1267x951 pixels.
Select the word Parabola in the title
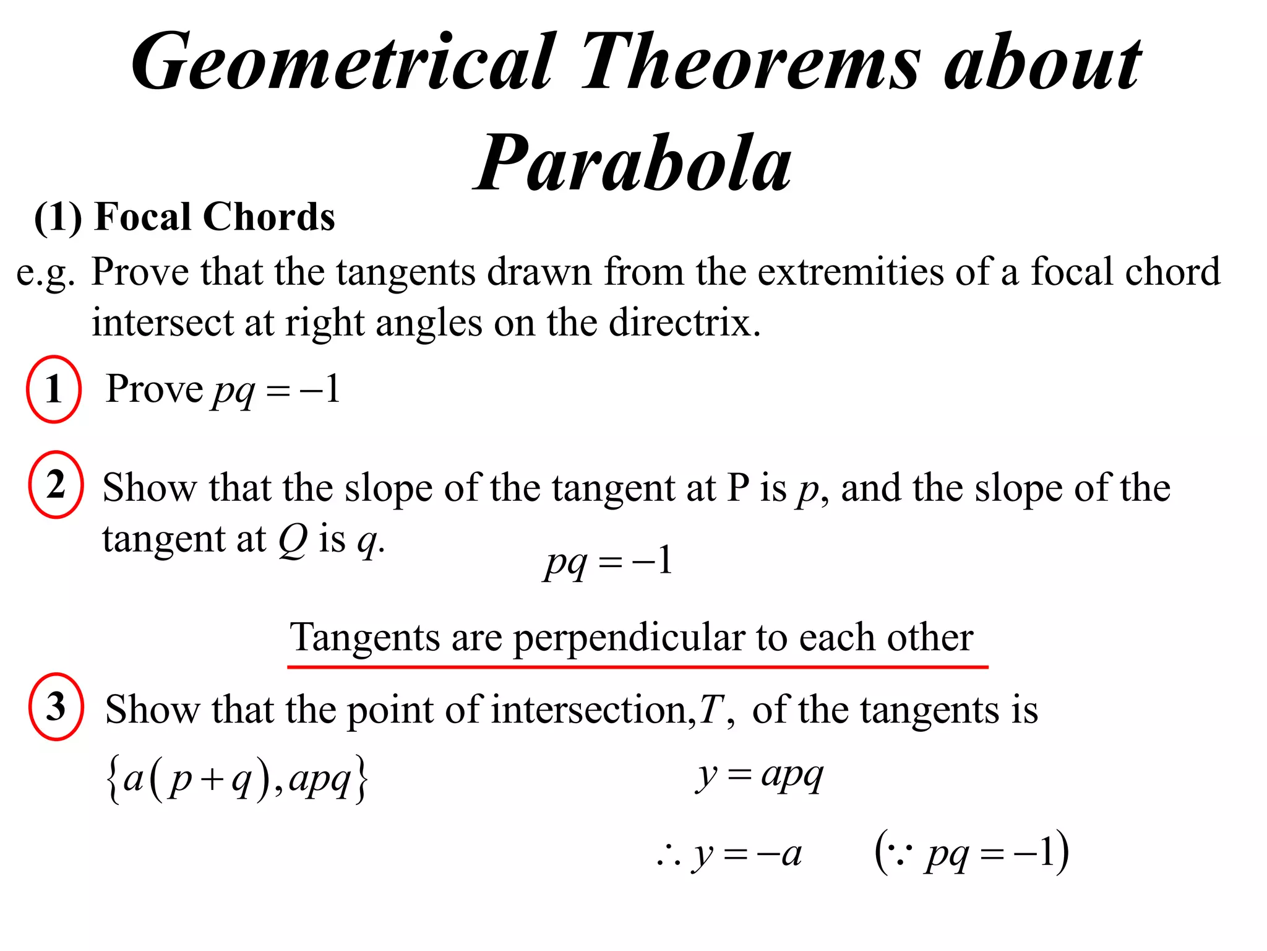(633, 164)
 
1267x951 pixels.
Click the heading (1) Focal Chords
(184, 217)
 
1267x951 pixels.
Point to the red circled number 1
(54, 389)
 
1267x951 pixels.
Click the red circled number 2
(56, 485)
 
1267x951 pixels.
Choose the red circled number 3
(56, 706)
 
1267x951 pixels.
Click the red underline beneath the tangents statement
(637, 667)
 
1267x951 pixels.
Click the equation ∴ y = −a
(730, 855)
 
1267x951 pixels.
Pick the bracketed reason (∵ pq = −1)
(971, 854)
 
